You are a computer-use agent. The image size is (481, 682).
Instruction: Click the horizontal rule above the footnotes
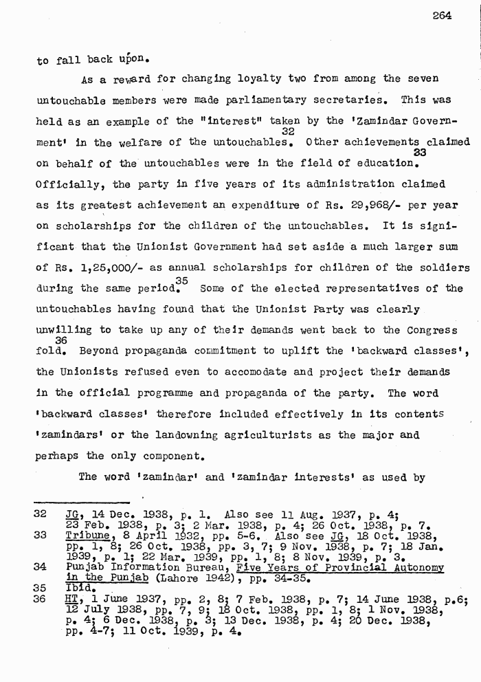tap(82, 503)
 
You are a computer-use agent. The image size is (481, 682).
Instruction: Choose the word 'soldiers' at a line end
tap(443, 268)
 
